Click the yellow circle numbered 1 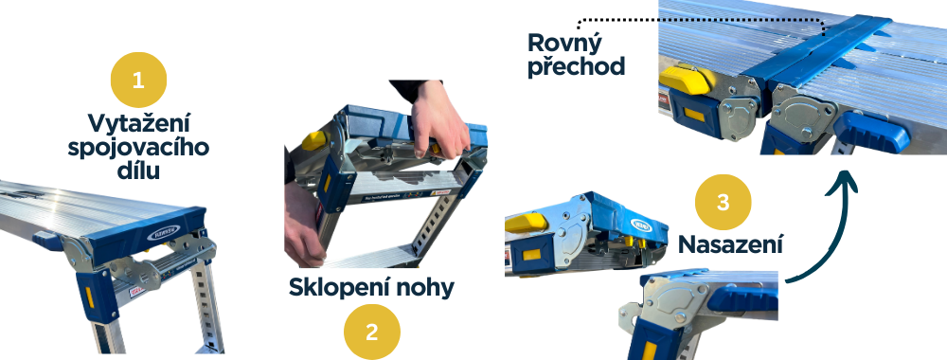point(138,79)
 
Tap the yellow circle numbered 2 point(371,331)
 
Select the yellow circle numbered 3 point(723,202)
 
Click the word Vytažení point(139,123)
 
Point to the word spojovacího point(138,148)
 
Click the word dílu point(139,171)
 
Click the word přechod point(577,66)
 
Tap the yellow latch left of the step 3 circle point(527,224)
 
